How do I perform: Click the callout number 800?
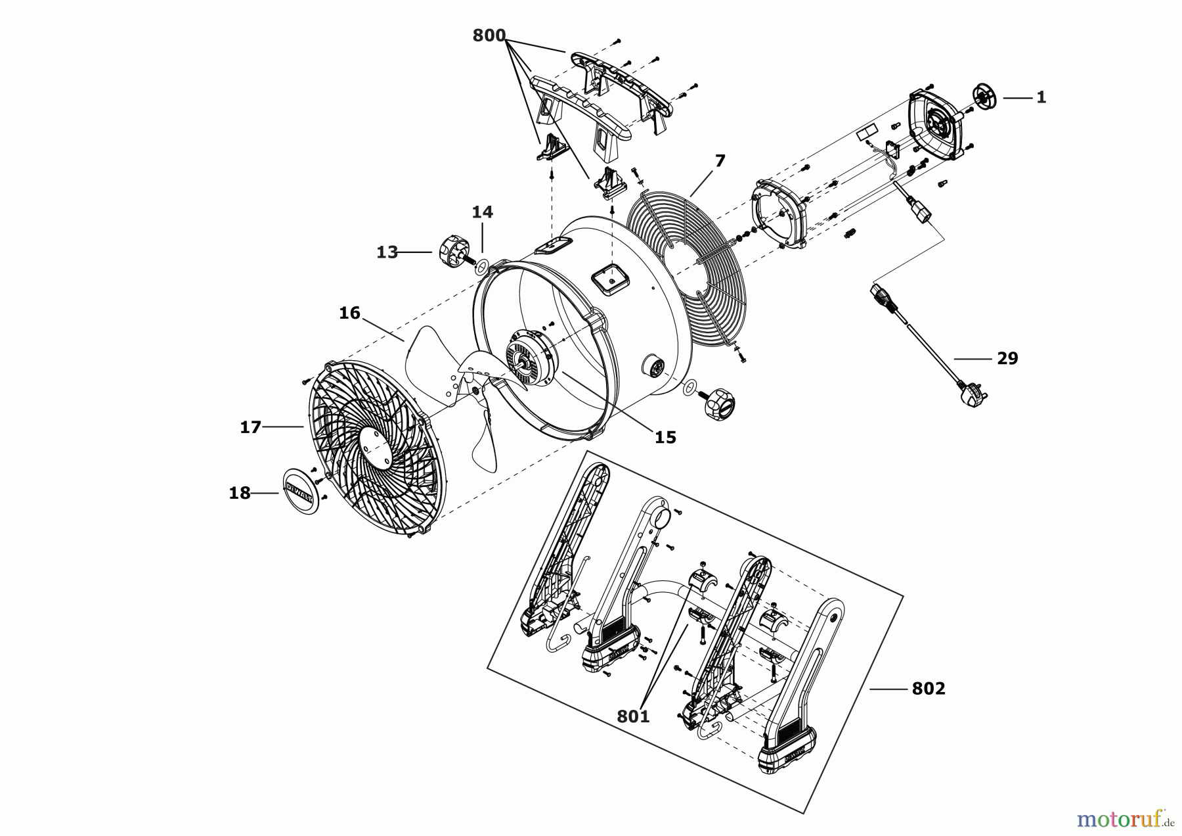point(489,35)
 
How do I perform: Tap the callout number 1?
point(1041,97)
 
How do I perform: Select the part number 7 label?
point(720,161)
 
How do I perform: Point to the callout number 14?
point(482,212)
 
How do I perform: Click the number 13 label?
point(387,252)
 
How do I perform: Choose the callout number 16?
point(349,313)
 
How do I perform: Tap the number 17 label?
point(250,427)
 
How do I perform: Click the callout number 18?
point(240,493)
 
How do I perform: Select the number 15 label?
point(665,437)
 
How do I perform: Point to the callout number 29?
point(1007,358)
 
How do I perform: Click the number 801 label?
point(633,716)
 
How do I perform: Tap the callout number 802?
point(929,689)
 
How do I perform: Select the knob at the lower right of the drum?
point(720,402)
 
